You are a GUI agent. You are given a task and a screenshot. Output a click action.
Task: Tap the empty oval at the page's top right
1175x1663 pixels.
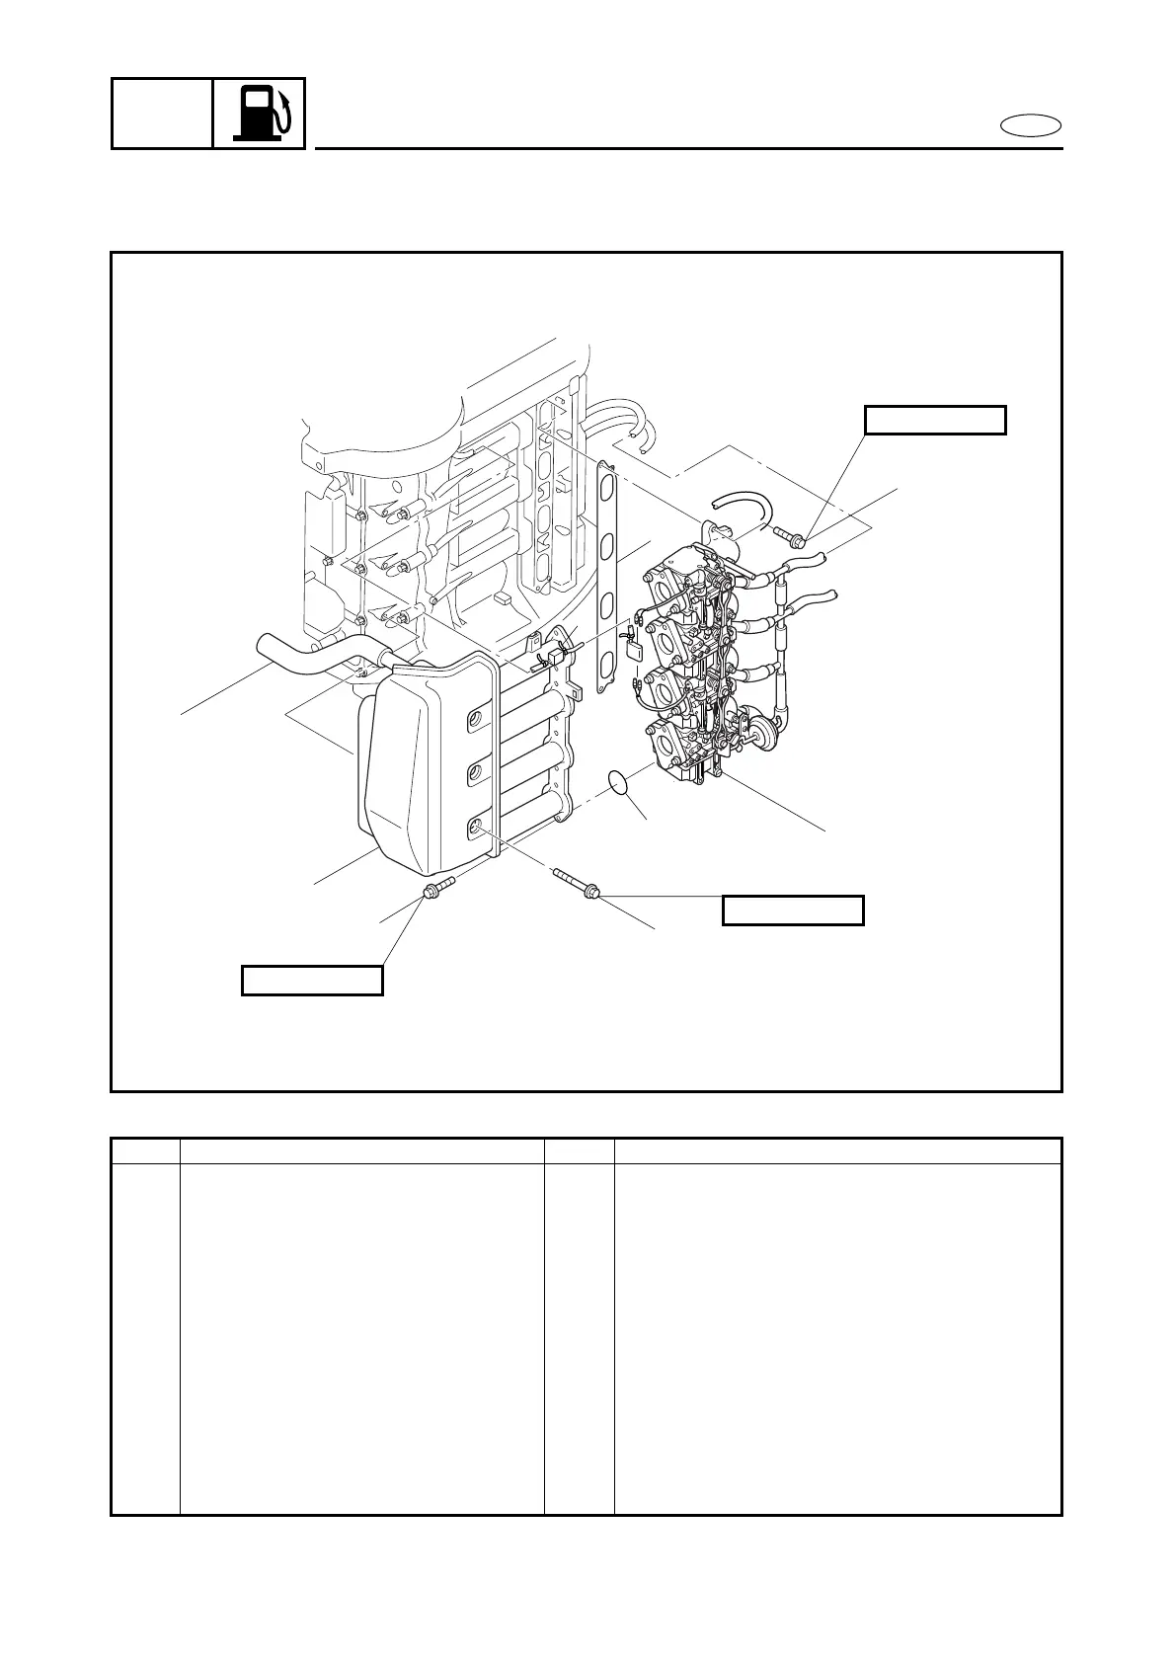1031,125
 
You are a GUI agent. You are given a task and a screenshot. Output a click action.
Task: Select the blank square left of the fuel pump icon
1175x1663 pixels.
162,114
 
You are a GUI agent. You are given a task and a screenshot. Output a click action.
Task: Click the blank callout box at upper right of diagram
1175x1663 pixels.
935,420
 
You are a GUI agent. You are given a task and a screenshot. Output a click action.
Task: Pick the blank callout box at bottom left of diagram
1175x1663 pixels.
312,980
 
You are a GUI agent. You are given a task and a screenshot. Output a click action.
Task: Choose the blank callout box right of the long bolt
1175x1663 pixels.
793,910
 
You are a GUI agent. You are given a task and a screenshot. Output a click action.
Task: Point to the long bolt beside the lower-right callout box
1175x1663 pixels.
574,882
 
